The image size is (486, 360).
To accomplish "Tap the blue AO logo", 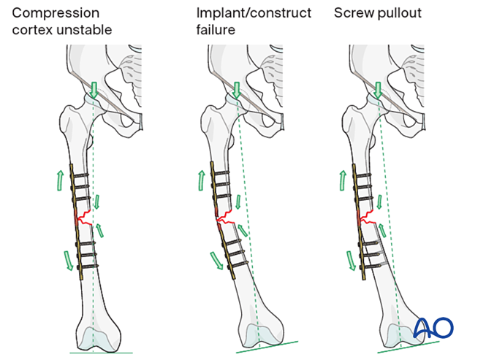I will [x=433, y=328].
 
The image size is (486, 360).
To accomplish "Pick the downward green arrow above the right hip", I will [x=377, y=90].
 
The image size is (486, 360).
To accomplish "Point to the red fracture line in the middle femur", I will [x=228, y=217].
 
